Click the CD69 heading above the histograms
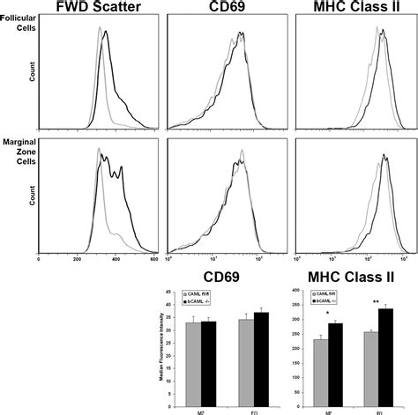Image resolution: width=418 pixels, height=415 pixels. [x=228, y=11]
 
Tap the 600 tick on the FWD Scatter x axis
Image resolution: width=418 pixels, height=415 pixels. [x=154, y=260]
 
